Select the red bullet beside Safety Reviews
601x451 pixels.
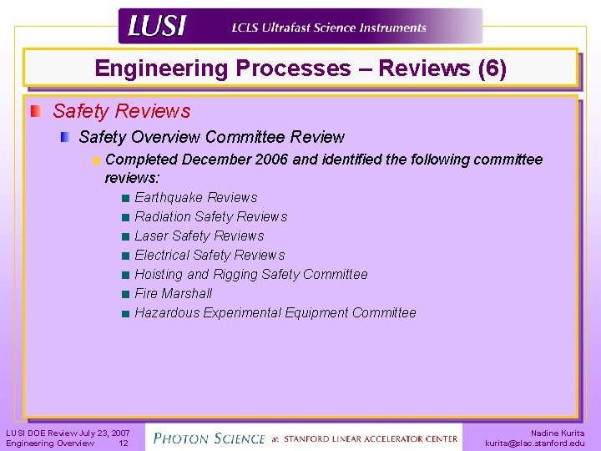pos(36,111)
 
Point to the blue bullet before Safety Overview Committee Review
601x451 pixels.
pos(65,137)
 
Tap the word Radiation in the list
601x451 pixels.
pos(163,217)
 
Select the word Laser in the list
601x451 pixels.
pos(152,236)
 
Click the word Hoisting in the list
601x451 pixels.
pos(159,275)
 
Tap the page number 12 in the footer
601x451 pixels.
pos(123,443)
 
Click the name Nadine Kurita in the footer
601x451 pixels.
pos(558,433)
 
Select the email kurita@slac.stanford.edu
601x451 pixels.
pos(535,443)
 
